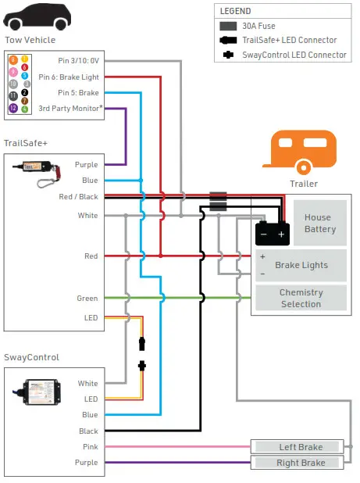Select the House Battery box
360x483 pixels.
pos(319,223)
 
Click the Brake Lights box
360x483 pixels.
pos(301,265)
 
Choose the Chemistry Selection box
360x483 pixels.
pos(301,298)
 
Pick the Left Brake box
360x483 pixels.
pos(297,447)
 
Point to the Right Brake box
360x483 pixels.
pos(297,463)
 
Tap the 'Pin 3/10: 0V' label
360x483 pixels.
pos(79,60)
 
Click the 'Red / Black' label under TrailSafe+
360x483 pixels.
pos(80,197)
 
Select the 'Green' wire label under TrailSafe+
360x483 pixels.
pos(87,298)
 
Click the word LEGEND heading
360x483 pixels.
pos(237,12)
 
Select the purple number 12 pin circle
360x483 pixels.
pos(13,108)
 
